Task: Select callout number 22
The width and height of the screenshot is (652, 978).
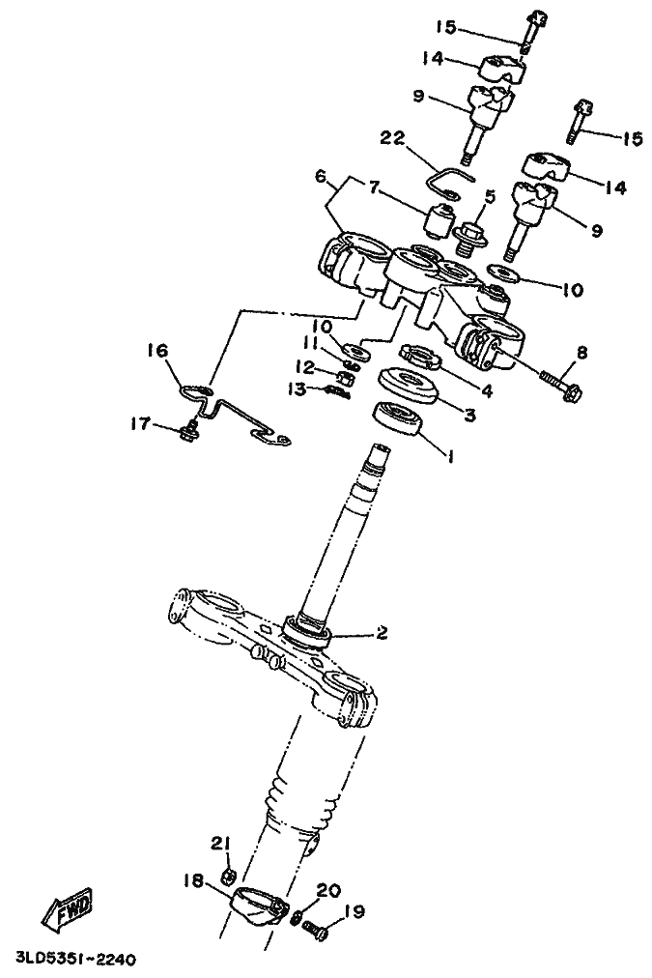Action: pos(393,137)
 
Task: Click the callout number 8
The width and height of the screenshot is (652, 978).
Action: pos(581,353)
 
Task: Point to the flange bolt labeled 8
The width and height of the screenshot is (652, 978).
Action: pos(562,387)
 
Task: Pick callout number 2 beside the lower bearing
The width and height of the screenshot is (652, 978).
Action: pos(381,632)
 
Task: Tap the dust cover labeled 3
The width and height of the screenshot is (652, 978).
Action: pos(410,384)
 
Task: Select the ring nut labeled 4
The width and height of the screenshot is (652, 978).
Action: pos(420,357)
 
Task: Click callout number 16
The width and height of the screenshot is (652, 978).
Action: pos(158,351)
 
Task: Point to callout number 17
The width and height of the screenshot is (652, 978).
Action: pos(140,424)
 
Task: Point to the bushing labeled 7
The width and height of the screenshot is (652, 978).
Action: pos(436,220)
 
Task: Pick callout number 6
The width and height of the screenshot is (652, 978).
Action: pos(321,177)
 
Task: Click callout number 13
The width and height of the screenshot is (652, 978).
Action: pos(298,389)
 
